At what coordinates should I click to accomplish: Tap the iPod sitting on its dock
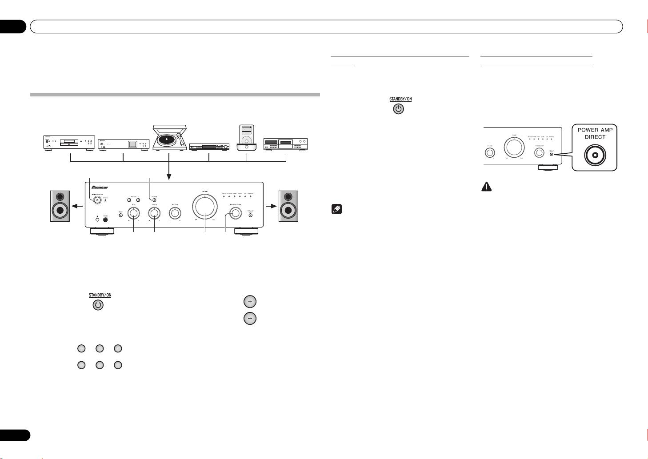(x=247, y=138)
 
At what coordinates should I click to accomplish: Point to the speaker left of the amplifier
(x=60, y=206)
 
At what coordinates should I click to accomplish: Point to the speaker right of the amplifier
(x=288, y=206)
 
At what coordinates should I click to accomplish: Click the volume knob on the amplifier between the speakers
(x=205, y=207)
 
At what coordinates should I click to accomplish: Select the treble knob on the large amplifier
(x=154, y=213)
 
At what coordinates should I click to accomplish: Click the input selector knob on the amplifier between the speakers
(x=235, y=213)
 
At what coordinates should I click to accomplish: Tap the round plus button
(x=250, y=302)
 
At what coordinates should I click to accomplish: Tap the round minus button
(x=250, y=319)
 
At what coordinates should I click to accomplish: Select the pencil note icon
(x=336, y=210)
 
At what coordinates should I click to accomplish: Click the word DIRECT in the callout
(x=595, y=137)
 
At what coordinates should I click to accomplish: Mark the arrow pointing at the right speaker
(x=270, y=206)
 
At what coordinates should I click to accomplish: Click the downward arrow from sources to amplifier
(x=168, y=176)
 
